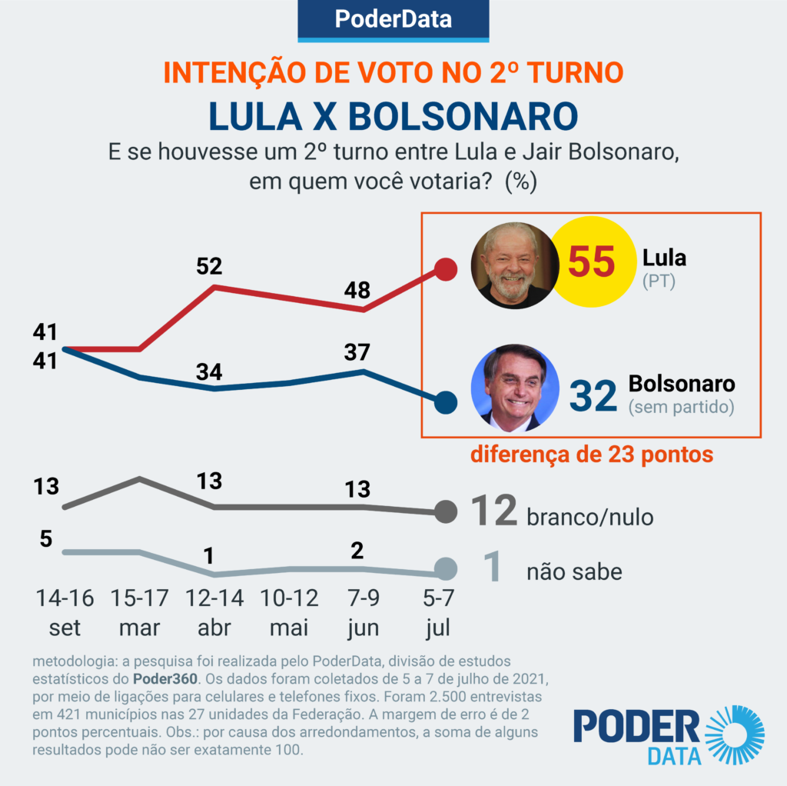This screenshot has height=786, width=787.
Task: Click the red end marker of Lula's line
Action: [x=445, y=269]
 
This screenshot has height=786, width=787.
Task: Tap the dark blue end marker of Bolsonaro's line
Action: [x=445, y=402]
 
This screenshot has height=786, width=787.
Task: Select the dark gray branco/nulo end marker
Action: [x=445, y=511]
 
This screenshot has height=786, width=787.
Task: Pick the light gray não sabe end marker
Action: [x=445, y=569]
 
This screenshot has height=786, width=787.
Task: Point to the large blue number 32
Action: [x=593, y=395]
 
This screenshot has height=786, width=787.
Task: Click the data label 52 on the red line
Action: [x=209, y=266]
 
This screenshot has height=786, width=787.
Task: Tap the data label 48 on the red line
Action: [x=357, y=290]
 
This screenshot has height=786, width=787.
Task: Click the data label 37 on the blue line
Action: [x=357, y=352]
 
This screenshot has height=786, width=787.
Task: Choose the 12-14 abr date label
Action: [x=214, y=612]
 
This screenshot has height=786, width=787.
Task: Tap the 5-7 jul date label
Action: [x=438, y=612]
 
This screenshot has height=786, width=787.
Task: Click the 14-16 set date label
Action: [x=65, y=612]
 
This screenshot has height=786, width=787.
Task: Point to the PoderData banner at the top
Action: [x=393, y=19]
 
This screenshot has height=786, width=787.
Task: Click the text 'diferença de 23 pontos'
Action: [x=592, y=455]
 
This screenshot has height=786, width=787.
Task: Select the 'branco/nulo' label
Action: [x=590, y=517]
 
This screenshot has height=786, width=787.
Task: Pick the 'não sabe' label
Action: [x=574, y=571]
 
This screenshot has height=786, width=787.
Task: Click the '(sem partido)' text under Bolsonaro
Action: [x=681, y=407]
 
